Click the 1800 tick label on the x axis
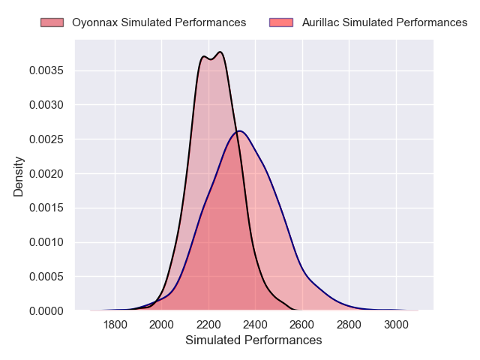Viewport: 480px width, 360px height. (x=115, y=325)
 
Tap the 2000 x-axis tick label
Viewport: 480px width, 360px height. (x=162, y=325)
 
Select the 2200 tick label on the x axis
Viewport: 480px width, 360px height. (x=208, y=325)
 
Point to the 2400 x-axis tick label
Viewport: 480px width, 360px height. (x=255, y=325)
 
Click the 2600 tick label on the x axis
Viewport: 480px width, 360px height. (x=302, y=325)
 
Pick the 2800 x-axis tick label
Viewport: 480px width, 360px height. (x=349, y=325)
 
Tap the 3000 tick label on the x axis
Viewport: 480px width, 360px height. (x=396, y=325)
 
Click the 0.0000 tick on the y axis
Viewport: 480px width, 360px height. (x=47, y=310)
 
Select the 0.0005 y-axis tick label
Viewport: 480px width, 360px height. (x=47, y=277)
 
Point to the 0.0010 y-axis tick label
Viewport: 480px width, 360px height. (x=47, y=242)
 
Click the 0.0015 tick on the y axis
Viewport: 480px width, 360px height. (x=47, y=208)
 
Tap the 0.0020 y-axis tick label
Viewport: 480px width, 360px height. (x=47, y=174)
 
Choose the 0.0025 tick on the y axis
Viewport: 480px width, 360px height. (x=47, y=139)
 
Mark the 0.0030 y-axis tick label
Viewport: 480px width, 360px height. (x=47, y=105)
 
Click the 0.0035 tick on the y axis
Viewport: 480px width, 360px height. (x=47, y=71)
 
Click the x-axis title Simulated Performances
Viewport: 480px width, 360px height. (x=253, y=340)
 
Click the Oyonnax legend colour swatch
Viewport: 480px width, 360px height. (x=52, y=22)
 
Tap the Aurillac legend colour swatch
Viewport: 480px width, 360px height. (x=281, y=22)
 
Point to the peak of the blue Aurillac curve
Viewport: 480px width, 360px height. (x=238, y=131)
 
